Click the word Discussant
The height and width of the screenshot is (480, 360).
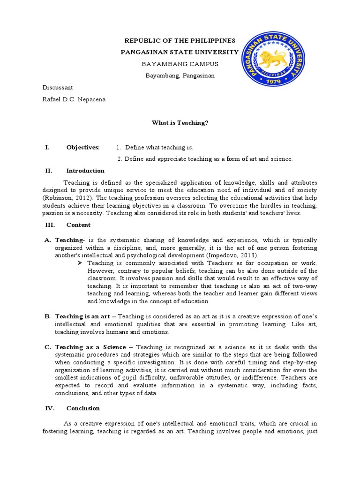pyautogui.click(x=58, y=88)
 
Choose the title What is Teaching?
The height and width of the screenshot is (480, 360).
pyautogui.click(x=180, y=122)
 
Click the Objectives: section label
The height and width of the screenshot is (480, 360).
pyautogui.click(x=83, y=147)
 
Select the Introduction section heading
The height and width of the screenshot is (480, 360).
pyautogui.click(x=85, y=171)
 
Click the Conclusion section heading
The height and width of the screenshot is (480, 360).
pyautogui.click(x=83, y=408)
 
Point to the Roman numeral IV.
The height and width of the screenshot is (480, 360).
pyautogui.click(x=50, y=408)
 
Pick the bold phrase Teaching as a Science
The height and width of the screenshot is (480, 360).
pyautogui.click(x=90, y=347)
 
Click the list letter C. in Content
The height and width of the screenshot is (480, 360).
pyautogui.click(x=47, y=347)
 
